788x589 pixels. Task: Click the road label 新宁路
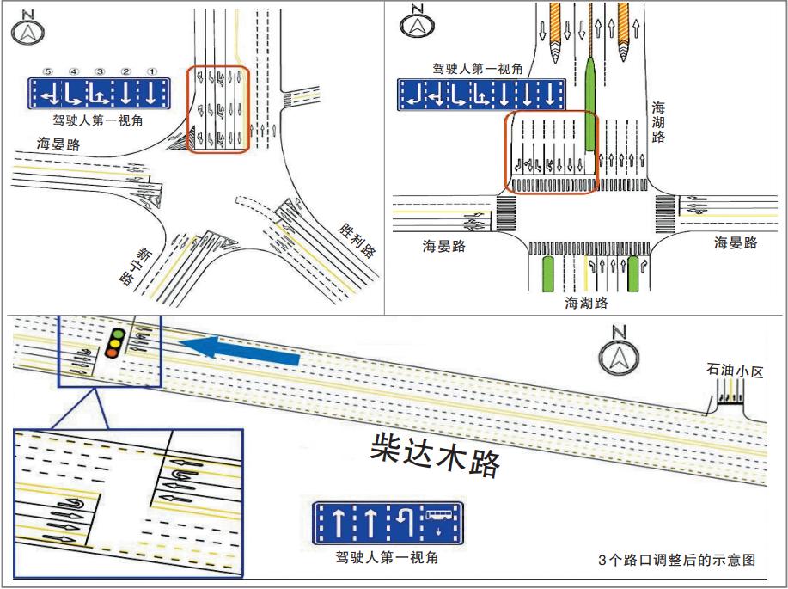point(131,267)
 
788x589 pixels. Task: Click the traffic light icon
point(113,342)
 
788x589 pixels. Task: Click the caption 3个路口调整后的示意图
point(677,560)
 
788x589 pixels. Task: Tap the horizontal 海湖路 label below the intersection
point(586,303)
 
